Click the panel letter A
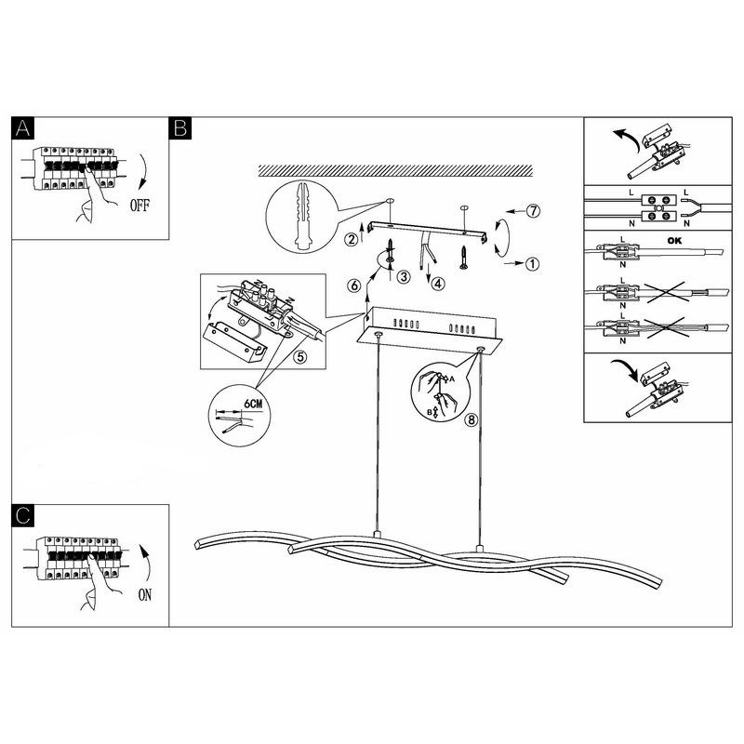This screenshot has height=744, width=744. [22, 128]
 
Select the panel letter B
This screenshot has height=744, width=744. [180, 128]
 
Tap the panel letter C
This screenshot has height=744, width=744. [22, 516]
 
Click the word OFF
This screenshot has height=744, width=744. [139, 206]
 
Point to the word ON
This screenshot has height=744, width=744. [145, 594]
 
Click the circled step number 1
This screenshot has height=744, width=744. [533, 264]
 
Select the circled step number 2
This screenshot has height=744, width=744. [352, 239]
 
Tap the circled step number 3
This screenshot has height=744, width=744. [404, 276]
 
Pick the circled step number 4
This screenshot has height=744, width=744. [437, 284]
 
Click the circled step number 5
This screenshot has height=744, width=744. [299, 357]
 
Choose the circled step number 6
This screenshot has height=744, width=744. [354, 286]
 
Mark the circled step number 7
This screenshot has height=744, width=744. [534, 211]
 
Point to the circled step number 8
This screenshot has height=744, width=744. [472, 420]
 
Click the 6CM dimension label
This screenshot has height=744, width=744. [253, 404]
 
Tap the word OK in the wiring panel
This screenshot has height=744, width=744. [674, 241]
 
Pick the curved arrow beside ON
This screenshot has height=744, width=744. [146, 563]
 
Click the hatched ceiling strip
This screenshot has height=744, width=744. [396, 171]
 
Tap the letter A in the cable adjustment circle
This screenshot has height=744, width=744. [452, 379]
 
